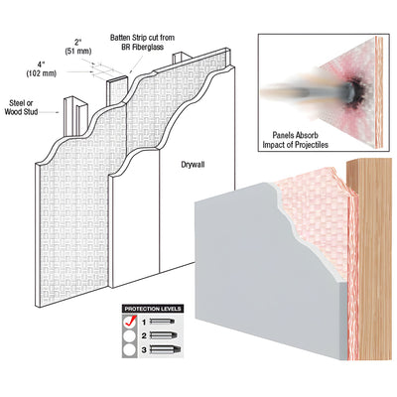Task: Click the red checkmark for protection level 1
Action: pos(129,321)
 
